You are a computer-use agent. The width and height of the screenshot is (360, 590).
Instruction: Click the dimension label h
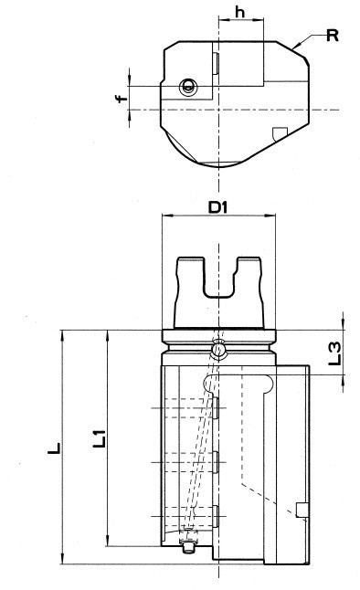[239, 12]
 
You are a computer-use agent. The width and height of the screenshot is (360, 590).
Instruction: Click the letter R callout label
[333, 36]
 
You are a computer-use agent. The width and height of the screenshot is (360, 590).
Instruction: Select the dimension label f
[121, 99]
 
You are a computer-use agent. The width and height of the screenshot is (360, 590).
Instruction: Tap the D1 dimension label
[218, 207]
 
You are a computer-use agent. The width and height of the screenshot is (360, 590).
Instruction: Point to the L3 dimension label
[334, 353]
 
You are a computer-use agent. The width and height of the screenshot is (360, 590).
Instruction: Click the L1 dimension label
[100, 438]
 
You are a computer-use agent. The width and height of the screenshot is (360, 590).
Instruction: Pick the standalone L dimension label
[54, 448]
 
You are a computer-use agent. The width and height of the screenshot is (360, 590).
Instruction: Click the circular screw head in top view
[188, 87]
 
